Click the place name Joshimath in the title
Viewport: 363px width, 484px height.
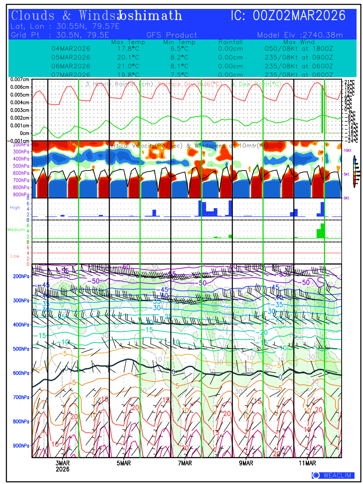point(150,16)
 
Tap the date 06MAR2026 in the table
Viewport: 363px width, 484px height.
point(71,66)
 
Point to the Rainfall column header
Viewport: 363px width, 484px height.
point(230,42)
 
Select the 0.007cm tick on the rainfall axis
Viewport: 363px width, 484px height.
point(20,79)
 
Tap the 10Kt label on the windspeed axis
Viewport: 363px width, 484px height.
point(348,150)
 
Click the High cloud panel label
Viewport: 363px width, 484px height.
point(15,207)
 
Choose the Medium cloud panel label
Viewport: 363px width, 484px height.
point(16,229)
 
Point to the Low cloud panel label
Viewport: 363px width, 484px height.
point(15,256)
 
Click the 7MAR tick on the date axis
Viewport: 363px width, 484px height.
point(185,463)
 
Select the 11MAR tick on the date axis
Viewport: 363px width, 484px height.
point(307,463)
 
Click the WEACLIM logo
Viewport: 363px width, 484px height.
point(333,476)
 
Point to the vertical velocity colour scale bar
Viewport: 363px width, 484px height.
point(354,171)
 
